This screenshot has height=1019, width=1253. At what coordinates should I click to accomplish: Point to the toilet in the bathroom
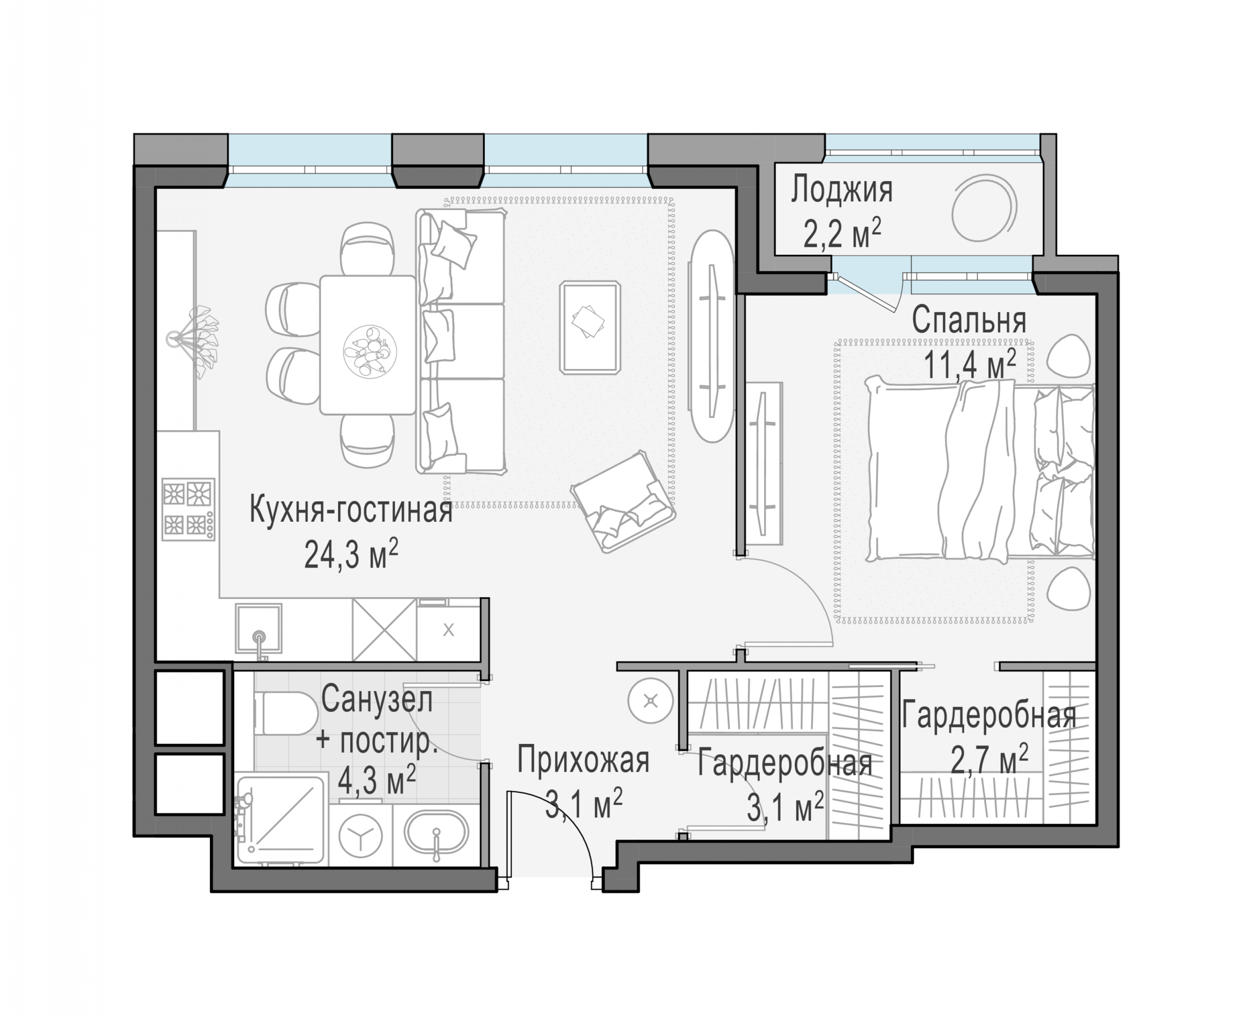[286, 713]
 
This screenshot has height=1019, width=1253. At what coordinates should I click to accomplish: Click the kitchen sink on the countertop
[259, 629]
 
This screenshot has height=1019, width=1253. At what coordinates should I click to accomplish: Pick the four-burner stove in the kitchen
[188, 508]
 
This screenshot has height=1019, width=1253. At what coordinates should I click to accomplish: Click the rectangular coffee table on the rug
[590, 327]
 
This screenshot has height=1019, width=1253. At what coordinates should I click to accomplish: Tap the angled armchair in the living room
[623, 501]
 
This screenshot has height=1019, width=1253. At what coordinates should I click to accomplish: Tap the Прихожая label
[583, 760]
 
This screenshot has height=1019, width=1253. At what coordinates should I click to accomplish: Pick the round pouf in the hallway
[650, 701]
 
